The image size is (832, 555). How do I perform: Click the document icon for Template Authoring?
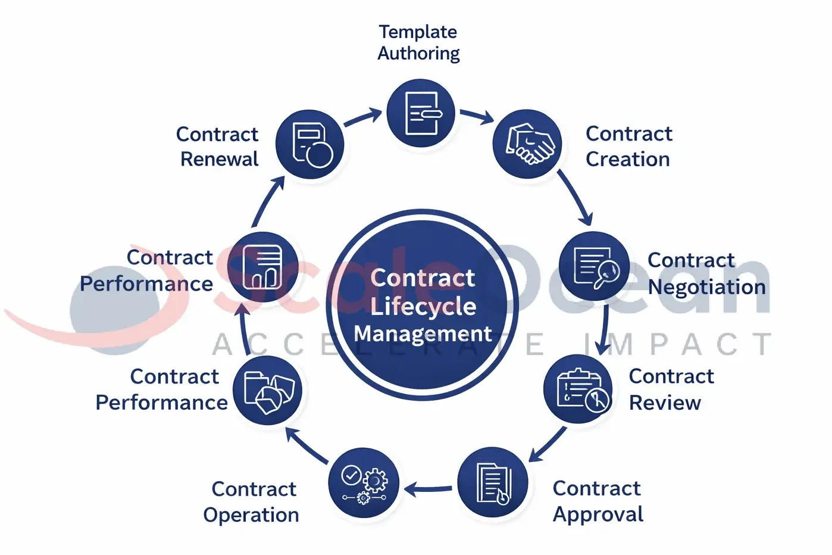click(x=421, y=113)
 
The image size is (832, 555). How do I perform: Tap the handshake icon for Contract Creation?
click(x=528, y=144)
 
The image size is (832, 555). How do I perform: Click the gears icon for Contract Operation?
click(x=364, y=483)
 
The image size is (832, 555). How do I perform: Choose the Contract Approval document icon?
click(x=493, y=483)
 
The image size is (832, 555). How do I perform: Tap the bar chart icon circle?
click(x=264, y=267)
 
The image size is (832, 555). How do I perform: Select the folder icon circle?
click(x=268, y=391)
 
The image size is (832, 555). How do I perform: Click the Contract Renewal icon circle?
click(x=310, y=144)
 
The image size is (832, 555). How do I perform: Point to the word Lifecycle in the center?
click(x=423, y=306)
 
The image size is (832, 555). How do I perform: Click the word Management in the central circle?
click(x=423, y=333)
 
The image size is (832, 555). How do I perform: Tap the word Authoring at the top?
click(x=418, y=54)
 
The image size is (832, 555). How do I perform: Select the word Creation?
click(x=628, y=159)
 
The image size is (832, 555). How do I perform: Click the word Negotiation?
click(x=706, y=287)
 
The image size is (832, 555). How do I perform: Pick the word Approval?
click(x=598, y=514)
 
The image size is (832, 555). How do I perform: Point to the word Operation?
click(x=251, y=515)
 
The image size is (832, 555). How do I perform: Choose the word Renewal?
click(x=220, y=159)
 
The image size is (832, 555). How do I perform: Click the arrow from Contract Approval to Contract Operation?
click(x=428, y=489)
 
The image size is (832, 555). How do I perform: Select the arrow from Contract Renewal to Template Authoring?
click(x=363, y=117)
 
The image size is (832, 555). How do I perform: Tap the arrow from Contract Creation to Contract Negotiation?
click(x=575, y=198)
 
